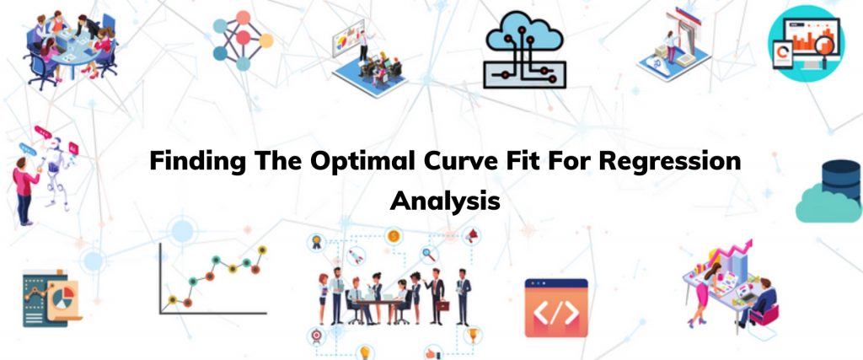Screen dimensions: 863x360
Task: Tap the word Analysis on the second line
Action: [x=445, y=201]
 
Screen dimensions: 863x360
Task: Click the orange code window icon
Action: [x=556, y=308]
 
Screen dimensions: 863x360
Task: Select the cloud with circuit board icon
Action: [x=524, y=50]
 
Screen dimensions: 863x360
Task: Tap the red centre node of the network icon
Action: [x=243, y=38]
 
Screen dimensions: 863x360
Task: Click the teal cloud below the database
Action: [x=828, y=204]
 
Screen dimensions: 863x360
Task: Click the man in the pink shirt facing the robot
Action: [x=24, y=191]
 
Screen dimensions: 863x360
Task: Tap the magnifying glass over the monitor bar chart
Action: [x=825, y=46]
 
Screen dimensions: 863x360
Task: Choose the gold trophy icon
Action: [x=472, y=334]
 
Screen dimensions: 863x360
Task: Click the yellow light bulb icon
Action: [x=364, y=352]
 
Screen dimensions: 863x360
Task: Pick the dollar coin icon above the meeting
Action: [x=393, y=236]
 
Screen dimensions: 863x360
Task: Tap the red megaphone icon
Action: [x=472, y=236]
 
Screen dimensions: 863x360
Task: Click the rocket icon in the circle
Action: [x=356, y=256]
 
